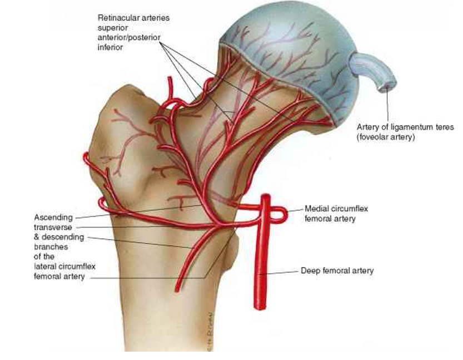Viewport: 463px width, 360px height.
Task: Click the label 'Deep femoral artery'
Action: (x=337, y=271)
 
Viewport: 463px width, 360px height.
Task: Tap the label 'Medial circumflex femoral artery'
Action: (x=336, y=214)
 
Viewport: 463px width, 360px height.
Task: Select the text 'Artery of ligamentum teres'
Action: (x=405, y=127)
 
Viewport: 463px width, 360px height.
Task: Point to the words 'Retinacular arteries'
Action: (x=133, y=18)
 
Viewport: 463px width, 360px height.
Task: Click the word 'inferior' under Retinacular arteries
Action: (x=110, y=48)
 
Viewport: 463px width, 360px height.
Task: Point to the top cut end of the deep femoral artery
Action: (x=266, y=196)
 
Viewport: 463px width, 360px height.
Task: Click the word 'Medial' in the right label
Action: (x=316, y=209)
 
